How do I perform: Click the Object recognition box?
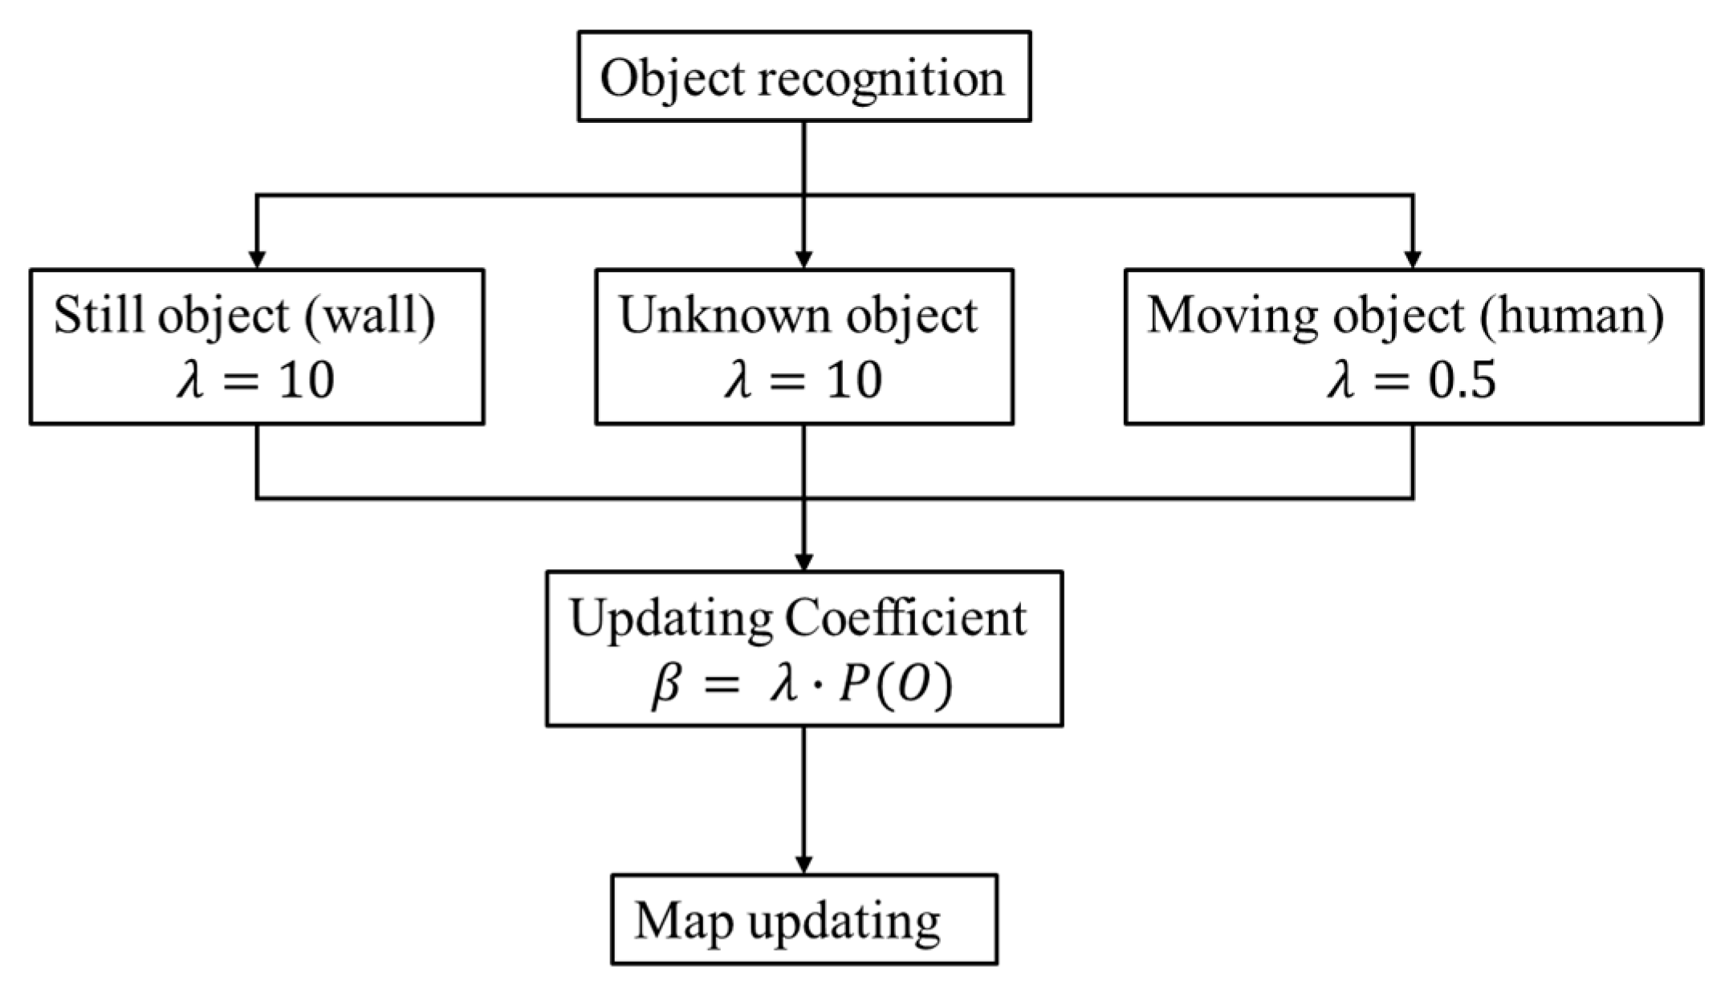click(803, 76)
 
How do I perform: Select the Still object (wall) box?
click(257, 346)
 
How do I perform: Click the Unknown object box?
click(803, 346)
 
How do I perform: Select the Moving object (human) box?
click(1414, 346)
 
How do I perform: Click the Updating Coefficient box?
click(804, 648)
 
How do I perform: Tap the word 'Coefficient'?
click(905, 618)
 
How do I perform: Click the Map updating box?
click(803, 919)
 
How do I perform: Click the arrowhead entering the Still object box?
click(257, 259)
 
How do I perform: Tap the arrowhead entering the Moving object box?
click(1414, 259)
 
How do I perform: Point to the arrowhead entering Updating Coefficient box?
click(803, 561)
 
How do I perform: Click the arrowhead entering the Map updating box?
click(803, 865)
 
